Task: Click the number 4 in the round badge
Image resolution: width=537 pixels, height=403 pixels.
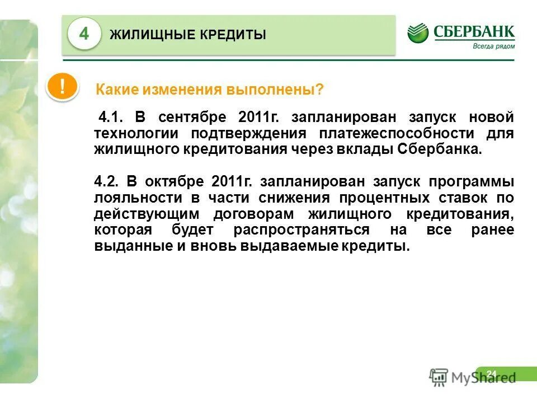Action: (x=84, y=34)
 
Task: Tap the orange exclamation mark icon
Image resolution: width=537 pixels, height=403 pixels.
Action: (x=62, y=87)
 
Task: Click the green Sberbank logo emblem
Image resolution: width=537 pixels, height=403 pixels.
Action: (x=418, y=33)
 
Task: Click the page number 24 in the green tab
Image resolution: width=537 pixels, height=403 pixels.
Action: (x=492, y=373)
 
